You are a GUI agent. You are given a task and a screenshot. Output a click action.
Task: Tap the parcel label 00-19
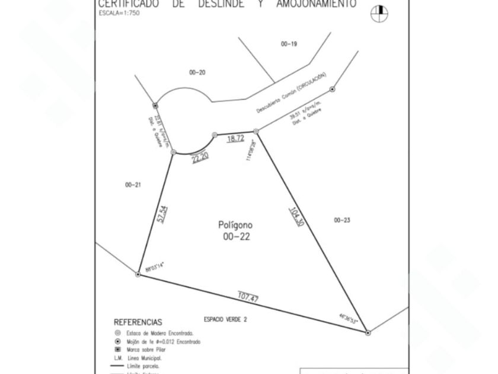[x=289, y=44]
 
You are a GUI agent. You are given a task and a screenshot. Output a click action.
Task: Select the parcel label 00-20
[x=197, y=72]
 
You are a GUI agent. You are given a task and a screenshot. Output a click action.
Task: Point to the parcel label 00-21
[x=133, y=185]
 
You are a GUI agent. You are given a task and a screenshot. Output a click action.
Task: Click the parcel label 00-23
[x=342, y=220]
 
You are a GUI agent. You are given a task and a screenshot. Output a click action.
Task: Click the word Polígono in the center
[x=235, y=225]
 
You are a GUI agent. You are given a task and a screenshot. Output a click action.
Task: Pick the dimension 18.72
[x=235, y=138]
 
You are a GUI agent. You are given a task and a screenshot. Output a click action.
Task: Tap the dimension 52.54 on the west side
[x=162, y=214]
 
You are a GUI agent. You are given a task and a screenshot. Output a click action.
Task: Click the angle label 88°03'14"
[x=154, y=268]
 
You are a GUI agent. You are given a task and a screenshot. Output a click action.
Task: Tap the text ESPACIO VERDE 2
[x=225, y=319]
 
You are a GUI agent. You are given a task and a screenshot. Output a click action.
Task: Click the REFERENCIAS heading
[x=138, y=322]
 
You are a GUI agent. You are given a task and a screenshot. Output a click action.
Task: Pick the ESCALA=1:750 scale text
[x=119, y=12]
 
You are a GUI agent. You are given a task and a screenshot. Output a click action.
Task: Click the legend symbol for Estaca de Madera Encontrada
[x=117, y=333]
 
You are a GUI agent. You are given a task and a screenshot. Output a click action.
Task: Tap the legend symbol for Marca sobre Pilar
[x=117, y=350]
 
